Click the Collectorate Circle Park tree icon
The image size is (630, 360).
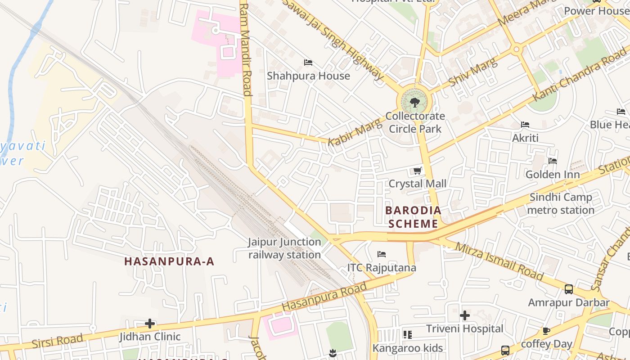click(x=415, y=103)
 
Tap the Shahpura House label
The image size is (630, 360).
click(x=308, y=76)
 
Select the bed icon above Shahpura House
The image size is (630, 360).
click(x=308, y=63)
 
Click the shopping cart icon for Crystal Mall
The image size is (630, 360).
click(x=417, y=171)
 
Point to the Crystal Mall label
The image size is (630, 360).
click(x=417, y=184)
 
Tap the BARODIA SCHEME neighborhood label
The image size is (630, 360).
click(x=413, y=217)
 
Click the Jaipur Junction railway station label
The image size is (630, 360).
click(x=284, y=248)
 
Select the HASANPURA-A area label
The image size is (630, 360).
click(x=169, y=261)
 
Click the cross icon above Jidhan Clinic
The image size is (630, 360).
click(x=150, y=324)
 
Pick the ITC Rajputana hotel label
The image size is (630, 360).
click(x=382, y=268)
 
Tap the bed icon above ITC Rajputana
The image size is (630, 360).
click(x=382, y=255)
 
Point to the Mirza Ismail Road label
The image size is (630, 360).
click(x=499, y=261)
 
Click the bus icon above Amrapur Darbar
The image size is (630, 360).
click(x=569, y=289)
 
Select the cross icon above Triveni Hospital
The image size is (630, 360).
click(x=465, y=315)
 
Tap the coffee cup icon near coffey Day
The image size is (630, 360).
click(x=546, y=331)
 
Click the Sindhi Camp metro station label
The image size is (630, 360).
click(x=561, y=203)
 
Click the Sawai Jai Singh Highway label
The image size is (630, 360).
click(x=333, y=38)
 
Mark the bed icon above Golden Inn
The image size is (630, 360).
click(x=553, y=161)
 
